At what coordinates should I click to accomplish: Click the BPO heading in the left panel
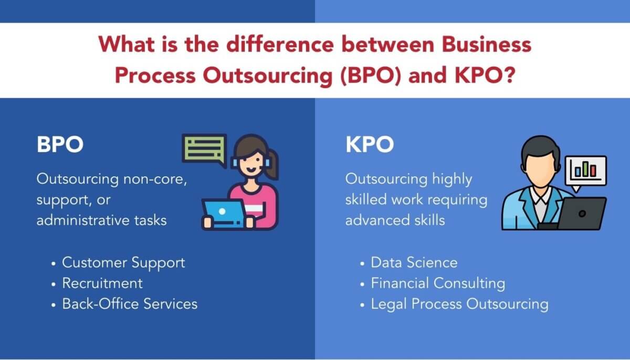[x=60, y=145]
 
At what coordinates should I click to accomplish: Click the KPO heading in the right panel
[x=369, y=145]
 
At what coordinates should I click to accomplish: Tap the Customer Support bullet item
[x=123, y=262]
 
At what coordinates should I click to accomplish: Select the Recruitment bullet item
[x=102, y=283]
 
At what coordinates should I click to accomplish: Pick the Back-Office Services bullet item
[x=130, y=303]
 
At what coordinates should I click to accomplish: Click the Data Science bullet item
[x=414, y=262]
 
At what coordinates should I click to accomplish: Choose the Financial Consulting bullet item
[x=438, y=283]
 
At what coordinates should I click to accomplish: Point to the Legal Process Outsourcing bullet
[x=459, y=304]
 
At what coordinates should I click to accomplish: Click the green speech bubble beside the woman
[x=204, y=149]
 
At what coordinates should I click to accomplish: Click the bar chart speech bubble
[x=585, y=171]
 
